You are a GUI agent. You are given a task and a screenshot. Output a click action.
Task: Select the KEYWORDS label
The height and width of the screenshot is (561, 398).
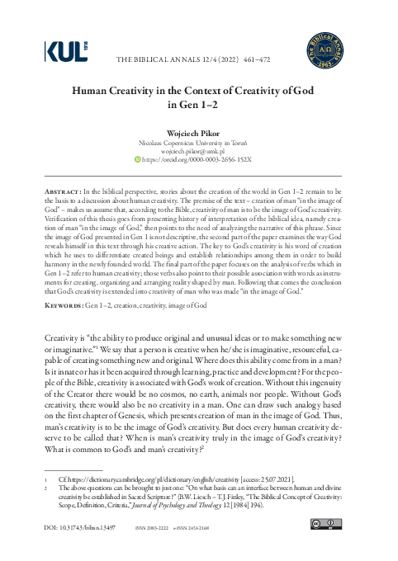pyautogui.click(x=63, y=304)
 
